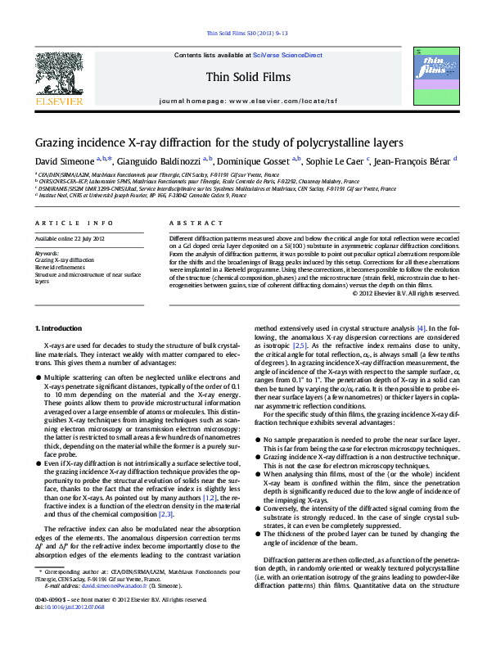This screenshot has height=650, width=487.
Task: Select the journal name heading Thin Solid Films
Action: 243,79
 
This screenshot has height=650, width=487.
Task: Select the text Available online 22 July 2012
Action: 70,238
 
